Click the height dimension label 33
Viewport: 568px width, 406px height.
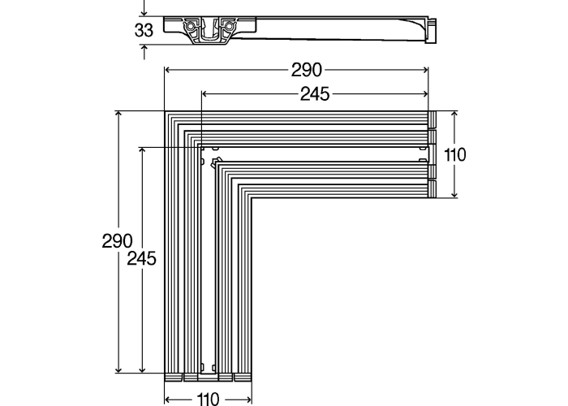(144, 31)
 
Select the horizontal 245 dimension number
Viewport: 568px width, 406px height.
(315, 94)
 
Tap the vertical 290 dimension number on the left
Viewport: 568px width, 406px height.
(117, 241)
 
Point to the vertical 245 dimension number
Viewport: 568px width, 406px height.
(141, 259)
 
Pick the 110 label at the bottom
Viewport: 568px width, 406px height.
(208, 399)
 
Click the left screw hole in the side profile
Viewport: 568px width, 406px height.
(191, 27)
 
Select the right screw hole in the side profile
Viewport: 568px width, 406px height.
(230, 27)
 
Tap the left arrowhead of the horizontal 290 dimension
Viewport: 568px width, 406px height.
(167, 71)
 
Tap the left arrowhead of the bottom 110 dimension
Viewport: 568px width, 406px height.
(168, 399)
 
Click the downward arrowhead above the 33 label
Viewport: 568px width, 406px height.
(144, 13)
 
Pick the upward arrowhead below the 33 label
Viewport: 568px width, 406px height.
(144, 49)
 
